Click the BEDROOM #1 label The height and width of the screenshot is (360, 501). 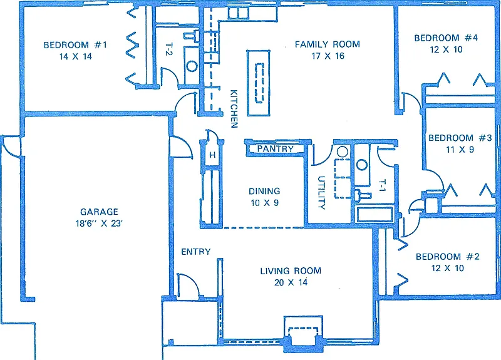[x=75, y=44]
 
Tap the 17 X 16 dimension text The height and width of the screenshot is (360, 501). [x=328, y=56]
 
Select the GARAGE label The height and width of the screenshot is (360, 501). [x=99, y=212]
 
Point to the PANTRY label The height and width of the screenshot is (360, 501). [x=275, y=149]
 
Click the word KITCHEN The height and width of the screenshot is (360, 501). [x=234, y=108]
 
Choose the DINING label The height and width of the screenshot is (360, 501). [x=264, y=191]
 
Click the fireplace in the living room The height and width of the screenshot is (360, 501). [x=303, y=334]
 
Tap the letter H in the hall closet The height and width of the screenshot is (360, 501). [x=212, y=155]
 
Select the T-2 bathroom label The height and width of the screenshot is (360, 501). [x=169, y=49]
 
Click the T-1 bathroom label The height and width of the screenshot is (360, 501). [x=382, y=185]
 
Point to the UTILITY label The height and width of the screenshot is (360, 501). [x=321, y=193]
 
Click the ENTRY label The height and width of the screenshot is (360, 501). [x=196, y=252]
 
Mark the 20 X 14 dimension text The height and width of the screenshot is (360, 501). [x=291, y=282]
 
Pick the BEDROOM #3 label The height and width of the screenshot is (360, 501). [x=460, y=138]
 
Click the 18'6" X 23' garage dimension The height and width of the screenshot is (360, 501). [x=99, y=224]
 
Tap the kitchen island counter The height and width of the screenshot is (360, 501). [x=259, y=83]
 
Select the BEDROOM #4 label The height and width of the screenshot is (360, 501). [x=446, y=38]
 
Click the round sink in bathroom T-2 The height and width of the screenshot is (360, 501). [x=192, y=66]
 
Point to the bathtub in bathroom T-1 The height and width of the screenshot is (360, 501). [x=374, y=214]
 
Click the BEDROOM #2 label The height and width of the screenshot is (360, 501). [x=447, y=257]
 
